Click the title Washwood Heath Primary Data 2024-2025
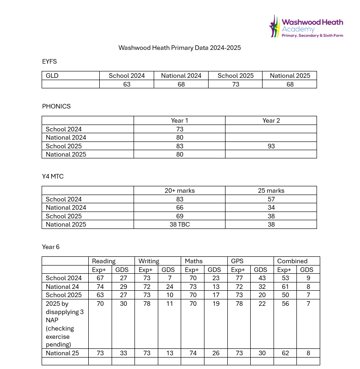pos(179,48)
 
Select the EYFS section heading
pos(49,61)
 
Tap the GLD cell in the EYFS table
pos(52,76)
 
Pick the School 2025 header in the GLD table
pos(235,76)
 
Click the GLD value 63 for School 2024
pos(127,84)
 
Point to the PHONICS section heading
pos(56,106)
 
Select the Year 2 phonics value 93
pos(271,146)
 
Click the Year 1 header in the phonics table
pos(179,120)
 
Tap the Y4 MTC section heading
pos(53,176)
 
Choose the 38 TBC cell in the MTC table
pos(179,224)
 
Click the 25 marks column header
pos(271,190)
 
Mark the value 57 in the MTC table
pos(271,199)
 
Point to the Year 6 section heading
pos(51,247)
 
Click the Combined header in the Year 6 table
pos(292,261)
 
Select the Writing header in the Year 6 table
pos(149,261)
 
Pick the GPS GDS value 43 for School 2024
pos(262,278)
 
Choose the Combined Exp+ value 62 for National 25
pos(285,353)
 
